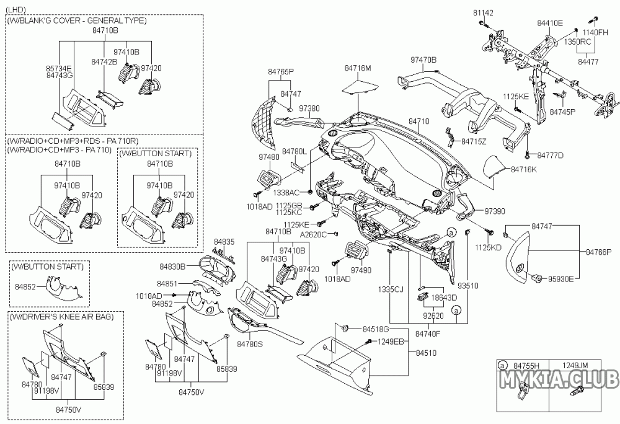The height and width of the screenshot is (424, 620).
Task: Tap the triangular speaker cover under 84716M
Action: point(360,85)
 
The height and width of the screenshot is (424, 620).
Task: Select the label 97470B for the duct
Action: point(423,60)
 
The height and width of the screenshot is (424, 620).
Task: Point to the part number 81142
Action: point(484,12)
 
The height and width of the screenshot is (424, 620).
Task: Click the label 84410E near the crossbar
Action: point(550,23)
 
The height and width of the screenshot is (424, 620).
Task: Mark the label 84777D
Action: point(550,155)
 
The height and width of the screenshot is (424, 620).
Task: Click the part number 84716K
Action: point(524,169)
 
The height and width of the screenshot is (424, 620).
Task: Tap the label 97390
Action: point(495,211)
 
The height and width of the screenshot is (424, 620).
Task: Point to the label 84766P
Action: point(599,252)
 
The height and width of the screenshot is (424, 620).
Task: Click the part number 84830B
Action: point(172,267)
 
